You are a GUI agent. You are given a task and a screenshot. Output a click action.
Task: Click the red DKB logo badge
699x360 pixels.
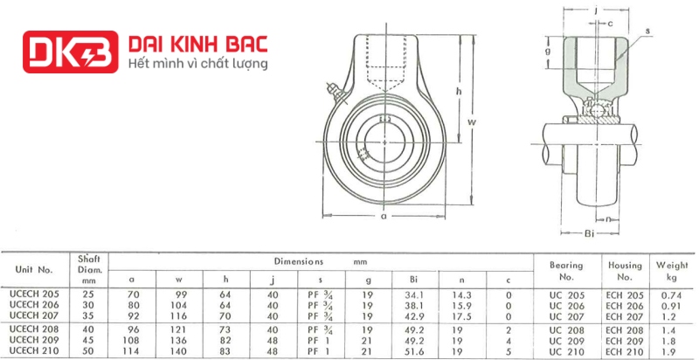click(71, 52)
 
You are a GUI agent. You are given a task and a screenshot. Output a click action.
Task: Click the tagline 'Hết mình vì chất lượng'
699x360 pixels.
click(198, 63)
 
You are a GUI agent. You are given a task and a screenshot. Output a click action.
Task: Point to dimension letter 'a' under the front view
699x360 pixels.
click(383, 217)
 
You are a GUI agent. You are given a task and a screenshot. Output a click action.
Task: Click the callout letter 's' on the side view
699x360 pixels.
click(647, 31)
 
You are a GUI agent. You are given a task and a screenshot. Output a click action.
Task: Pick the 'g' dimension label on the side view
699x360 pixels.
click(548, 52)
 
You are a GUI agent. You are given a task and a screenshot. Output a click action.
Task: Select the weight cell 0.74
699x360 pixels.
click(666, 295)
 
